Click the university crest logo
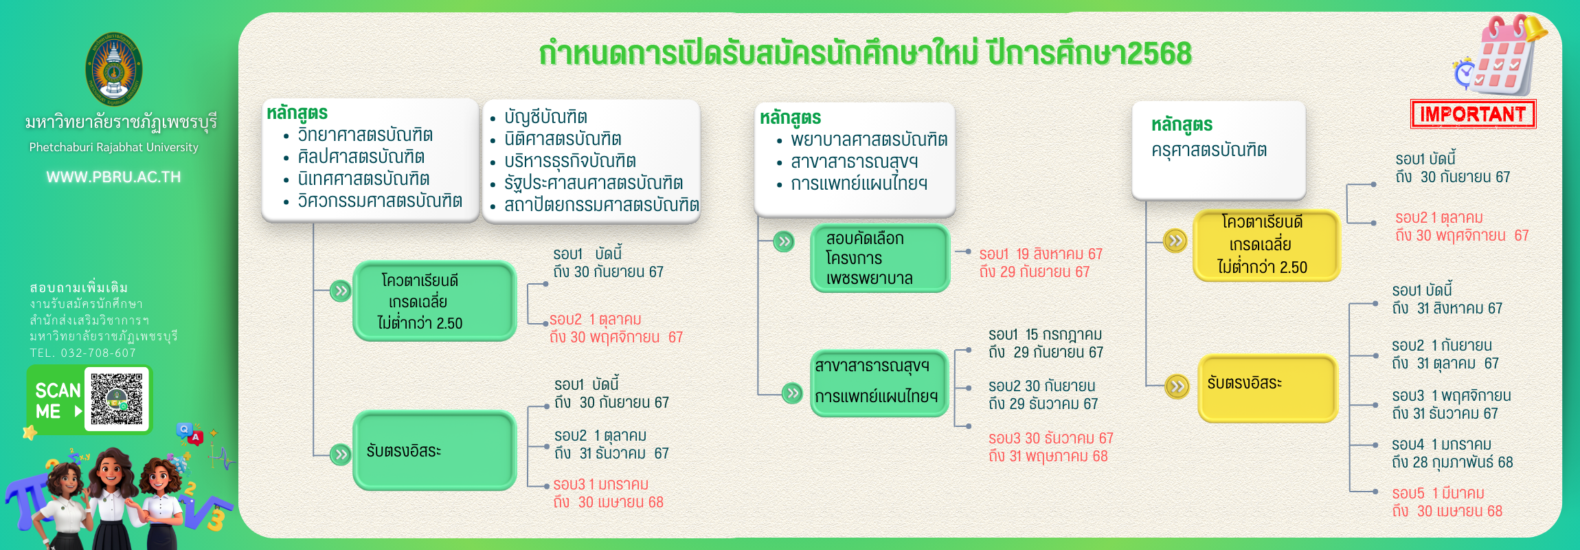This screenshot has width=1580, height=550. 114,69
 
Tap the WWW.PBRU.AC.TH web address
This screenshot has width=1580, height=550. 114,177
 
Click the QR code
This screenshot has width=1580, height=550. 117,399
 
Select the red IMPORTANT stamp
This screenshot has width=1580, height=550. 1473,114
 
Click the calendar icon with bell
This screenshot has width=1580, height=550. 1501,55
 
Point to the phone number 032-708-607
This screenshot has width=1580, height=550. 98,353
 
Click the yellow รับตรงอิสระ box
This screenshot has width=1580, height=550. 1268,388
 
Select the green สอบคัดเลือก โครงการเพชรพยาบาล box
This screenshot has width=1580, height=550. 880,258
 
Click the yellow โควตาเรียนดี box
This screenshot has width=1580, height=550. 1266,245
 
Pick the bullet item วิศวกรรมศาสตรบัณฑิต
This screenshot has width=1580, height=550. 380,201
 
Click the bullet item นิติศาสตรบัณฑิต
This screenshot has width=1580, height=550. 563,139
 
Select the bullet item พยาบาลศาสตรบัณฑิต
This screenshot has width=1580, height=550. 869,140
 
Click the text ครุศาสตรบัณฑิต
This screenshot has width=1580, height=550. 1209,150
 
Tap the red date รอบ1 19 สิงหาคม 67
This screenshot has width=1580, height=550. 1041,254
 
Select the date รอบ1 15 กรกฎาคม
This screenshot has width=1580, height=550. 1045,334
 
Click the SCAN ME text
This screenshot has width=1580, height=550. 58,401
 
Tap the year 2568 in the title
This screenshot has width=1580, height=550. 1160,54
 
